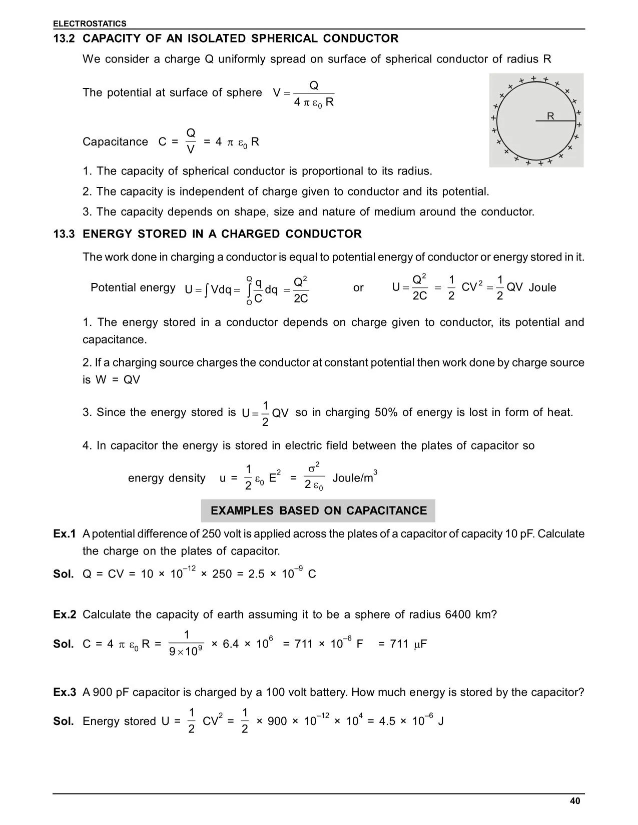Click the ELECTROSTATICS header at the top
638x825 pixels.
[90, 23]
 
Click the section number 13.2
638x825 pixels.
[64, 38]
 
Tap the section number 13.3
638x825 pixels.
[64, 234]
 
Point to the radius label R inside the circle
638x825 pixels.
[550, 116]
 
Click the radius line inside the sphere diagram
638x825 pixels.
[555, 121]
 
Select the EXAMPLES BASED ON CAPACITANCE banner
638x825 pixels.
[318, 510]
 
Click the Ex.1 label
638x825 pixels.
[65, 534]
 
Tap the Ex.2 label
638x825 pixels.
[65, 614]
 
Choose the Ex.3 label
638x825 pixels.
[65, 692]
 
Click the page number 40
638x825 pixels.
[575, 801]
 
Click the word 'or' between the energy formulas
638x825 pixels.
[358, 288]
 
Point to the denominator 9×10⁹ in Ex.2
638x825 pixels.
[186, 652]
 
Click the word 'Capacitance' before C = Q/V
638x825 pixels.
[115, 142]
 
